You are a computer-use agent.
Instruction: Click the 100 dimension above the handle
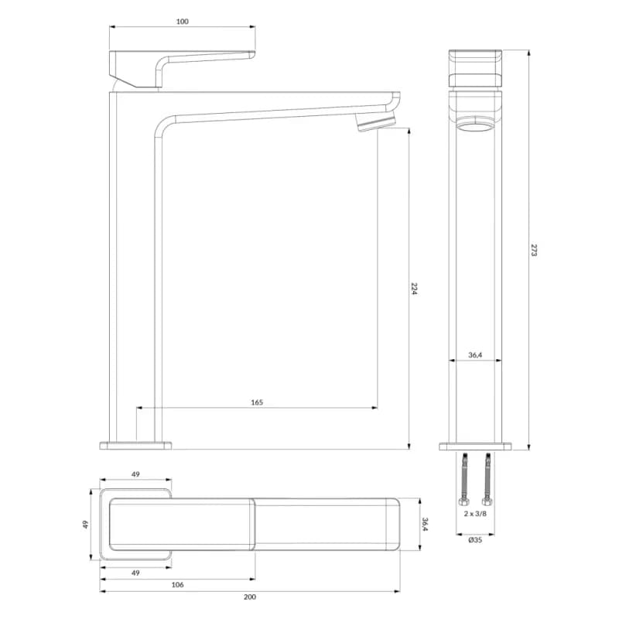(x=182, y=22)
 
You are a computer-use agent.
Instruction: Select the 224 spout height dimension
(x=414, y=289)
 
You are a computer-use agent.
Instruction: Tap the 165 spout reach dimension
(x=257, y=402)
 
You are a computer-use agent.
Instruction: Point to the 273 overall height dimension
(x=534, y=250)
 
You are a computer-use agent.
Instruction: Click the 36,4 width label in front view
(x=475, y=355)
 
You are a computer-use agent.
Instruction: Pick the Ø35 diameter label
(x=475, y=539)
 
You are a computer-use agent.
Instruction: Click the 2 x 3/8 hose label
(x=475, y=514)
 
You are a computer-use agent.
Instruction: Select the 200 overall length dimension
(x=249, y=597)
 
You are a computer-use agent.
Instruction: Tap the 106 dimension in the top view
(x=177, y=585)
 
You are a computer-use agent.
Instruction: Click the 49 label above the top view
(x=135, y=474)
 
